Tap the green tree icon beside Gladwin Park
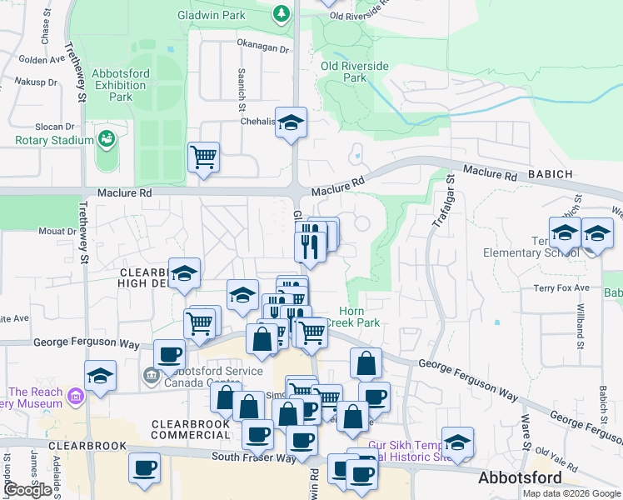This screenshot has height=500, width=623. (282, 13)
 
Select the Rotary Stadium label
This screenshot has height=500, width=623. (54, 140)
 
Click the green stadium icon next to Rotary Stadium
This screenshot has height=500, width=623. (106, 137)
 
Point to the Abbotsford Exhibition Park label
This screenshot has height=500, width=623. (121, 85)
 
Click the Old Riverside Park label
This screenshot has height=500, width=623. (355, 72)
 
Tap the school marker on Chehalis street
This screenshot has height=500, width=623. (291, 123)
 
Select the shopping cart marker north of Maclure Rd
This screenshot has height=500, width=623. (203, 157)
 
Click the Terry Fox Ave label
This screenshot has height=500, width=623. (561, 288)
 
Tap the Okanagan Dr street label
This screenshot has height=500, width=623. (262, 49)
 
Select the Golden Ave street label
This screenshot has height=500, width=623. (42, 60)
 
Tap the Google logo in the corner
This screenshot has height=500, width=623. (28, 490)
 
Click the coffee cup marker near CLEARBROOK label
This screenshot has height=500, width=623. (144, 467)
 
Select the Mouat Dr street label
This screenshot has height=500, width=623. (57, 232)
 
